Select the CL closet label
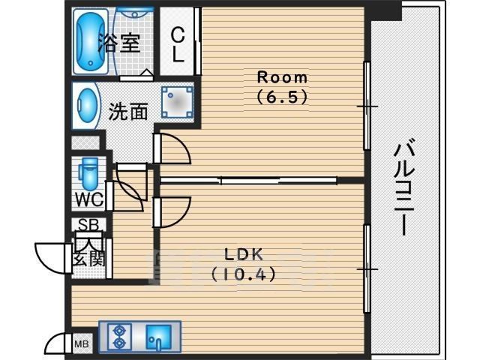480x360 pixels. tap(178, 44)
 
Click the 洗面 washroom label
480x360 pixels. tap(128, 112)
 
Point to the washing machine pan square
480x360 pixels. tap(177, 102)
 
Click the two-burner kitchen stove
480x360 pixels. tap(118, 335)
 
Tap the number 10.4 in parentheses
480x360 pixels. tap(243, 274)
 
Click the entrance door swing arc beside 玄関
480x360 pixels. tap(51, 258)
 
